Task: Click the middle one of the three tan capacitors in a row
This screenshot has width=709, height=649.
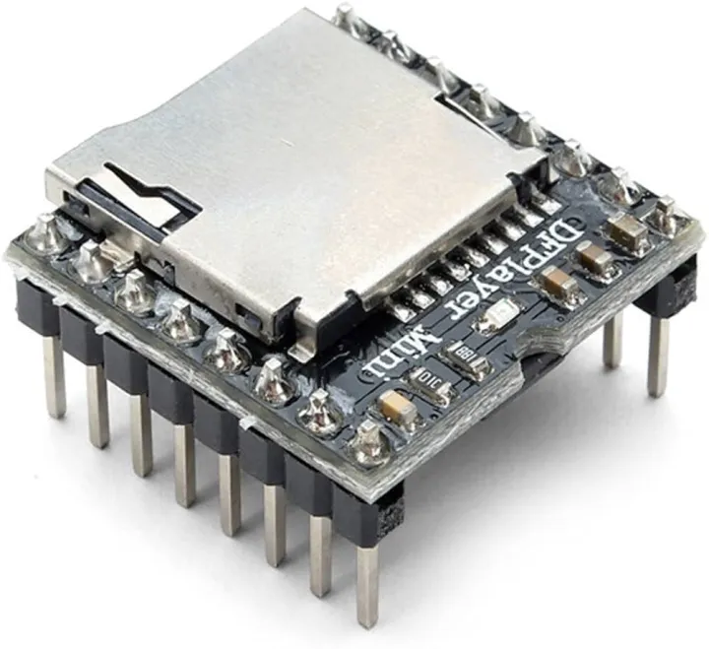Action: (593, 259)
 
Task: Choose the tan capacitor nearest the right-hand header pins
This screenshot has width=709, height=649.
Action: (626, 233)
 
